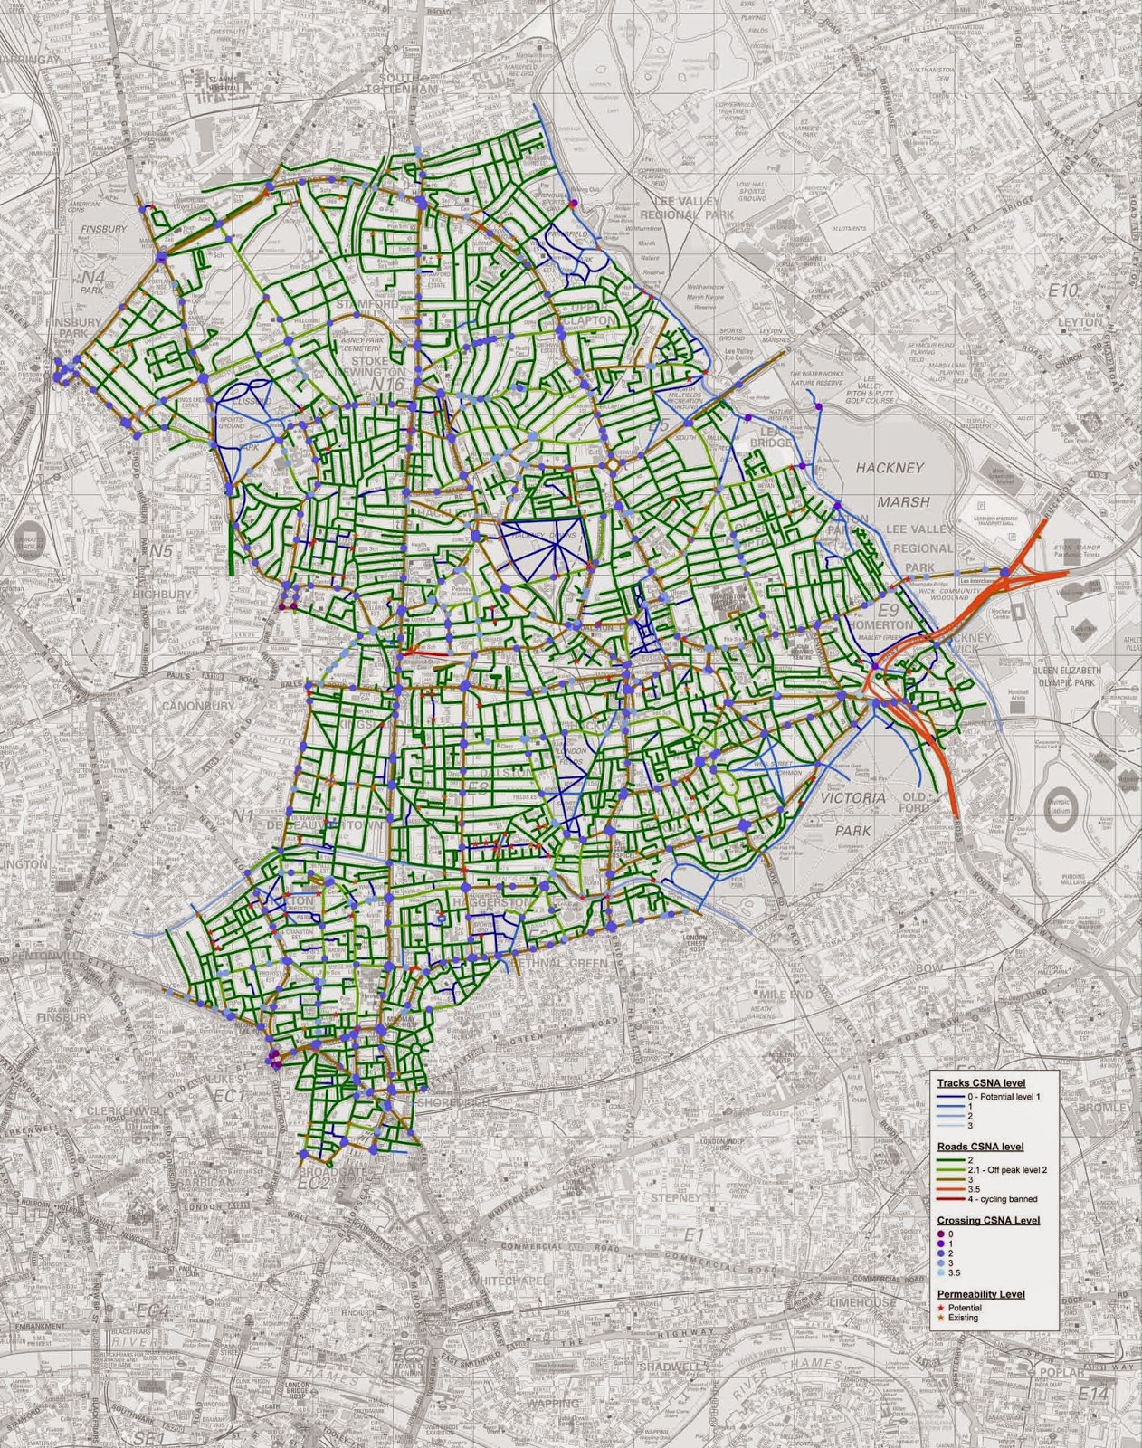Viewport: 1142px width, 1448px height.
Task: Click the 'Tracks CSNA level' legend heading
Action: point(980,1083)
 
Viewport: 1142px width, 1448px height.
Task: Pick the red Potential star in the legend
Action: point(942,1308)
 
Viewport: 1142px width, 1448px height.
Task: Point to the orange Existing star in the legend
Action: point(942,1318)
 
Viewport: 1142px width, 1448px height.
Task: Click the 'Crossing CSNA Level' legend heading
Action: point(988,1221)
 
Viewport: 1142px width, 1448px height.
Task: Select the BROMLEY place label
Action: point(1113,1109)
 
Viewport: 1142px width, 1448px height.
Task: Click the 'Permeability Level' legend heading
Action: point(981,1295)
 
